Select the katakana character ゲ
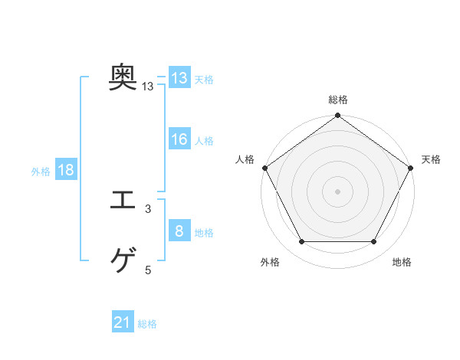coord(123,261)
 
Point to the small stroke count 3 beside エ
coord(148,209)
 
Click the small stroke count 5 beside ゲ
coord(148,270)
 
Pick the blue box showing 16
coord(179,140)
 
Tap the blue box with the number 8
coord(179,231)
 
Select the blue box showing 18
coord(66,171)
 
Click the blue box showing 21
coord(123,323)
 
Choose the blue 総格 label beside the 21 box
coord(147,324)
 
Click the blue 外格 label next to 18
coord(41,172)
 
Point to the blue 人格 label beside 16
coord(204,141)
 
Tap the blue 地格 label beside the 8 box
coord(204,232)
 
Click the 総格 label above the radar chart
coord(338,100)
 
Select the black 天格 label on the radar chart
coord(431,159)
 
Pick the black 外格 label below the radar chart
coord(270,262)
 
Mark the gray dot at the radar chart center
coord(337,191)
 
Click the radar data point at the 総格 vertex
coord(337,116)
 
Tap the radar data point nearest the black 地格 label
coord(374,242)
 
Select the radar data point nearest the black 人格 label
coord(265,168)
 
